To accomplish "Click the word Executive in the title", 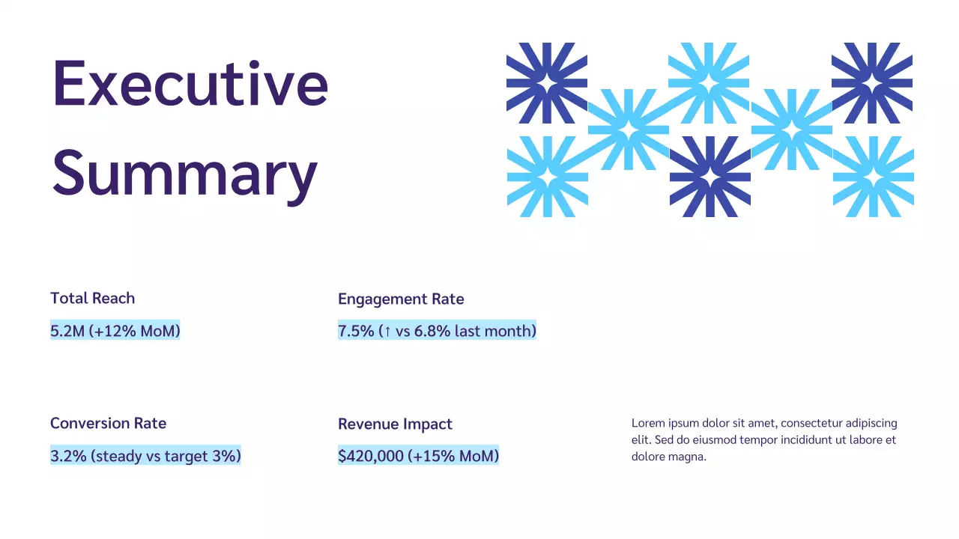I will coord(190,83).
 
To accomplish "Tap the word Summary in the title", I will coord(184,173).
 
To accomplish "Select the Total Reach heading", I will coord(92,298).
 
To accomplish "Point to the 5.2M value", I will coord(67,331).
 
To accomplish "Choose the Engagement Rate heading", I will coord(401,299).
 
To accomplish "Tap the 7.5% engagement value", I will coord(356,331).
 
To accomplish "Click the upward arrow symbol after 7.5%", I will coord(386,331).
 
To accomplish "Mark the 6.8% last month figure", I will coord(432,331).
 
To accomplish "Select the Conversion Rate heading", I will coord(108,423).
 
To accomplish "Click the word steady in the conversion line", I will coord(118,456).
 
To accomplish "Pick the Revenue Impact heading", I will coord(395,424).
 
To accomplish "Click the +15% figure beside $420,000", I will coord(434,456).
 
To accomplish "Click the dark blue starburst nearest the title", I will coord(546,82).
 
